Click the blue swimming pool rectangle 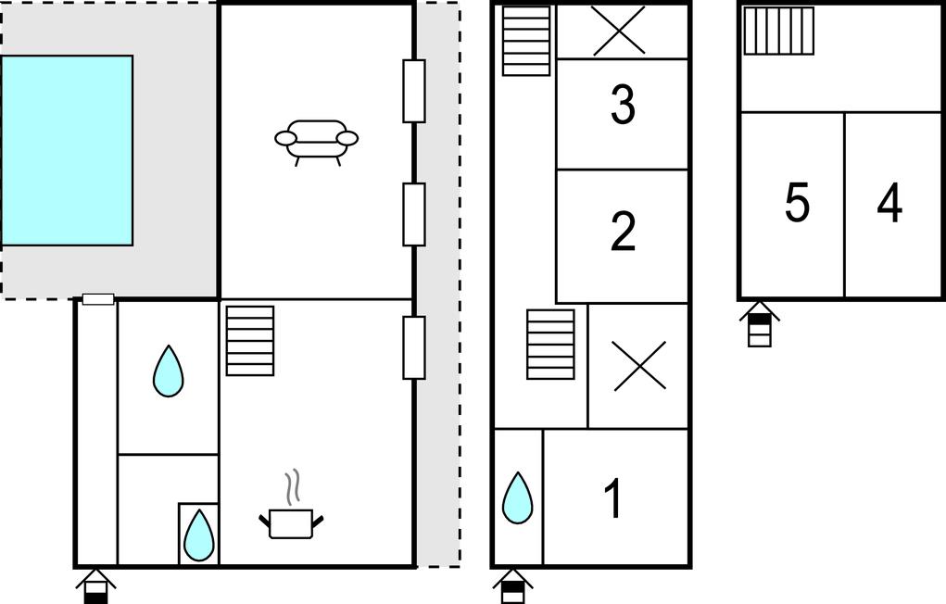pyautogui.click(x=67, y=150)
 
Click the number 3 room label pyautogui.click(x=623, y=105)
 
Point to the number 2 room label pyautogui.click(x=623, y=231)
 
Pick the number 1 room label pyautogui.click(x=613, y=498)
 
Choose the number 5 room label pyautogui.click(x=797, y=203)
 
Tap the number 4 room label pyautogui.click(x=889, y=203)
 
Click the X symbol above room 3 pyautogui.click(x=620, y=31)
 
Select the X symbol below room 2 pyautogui.click(x=639, y=366)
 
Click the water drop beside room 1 pyautogui.click(x=518, y=497)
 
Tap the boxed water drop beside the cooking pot pyautogui.click(x=198, y=535)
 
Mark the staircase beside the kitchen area pyautogui.click(x=250, y=341)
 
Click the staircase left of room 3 pyautogui.click(x=526, y=41)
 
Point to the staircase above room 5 pyautogui.click(x=778, y=31)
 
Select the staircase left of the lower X pyautogui.click(x=550, y=345)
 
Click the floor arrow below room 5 pyautogui.click(x=760, y=324)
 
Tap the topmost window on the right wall pyautogui.click(x=414, y=91)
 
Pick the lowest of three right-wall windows pyautogui.click(x=414, y=347)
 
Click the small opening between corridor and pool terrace pyautogui.click(x=98, y=299)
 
